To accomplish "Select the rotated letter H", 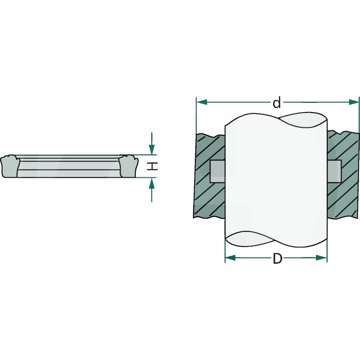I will (153, 166).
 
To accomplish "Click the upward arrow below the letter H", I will (152, 183).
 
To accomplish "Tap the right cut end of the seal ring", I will (127, 166).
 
